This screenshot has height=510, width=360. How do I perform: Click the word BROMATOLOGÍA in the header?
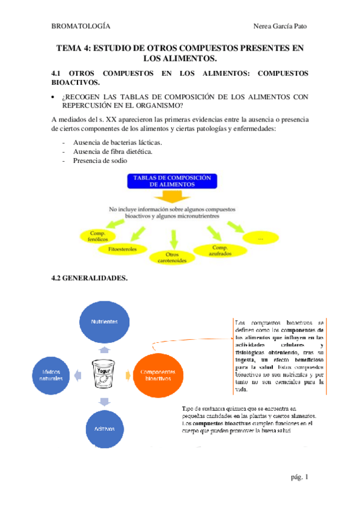81,26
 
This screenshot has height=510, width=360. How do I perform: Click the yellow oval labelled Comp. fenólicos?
99,236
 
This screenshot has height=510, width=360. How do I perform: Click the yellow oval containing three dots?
260,239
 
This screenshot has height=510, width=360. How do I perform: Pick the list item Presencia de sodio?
100,161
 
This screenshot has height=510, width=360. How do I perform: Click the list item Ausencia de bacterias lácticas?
117,143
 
